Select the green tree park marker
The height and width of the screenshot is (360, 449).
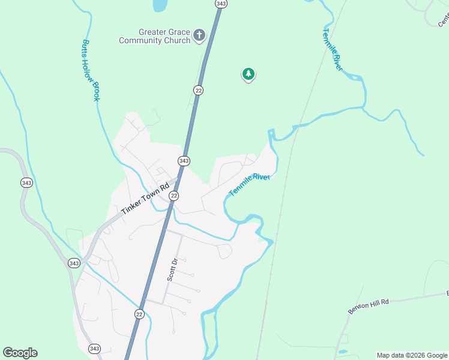tap(248, 74)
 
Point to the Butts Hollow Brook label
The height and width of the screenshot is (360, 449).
tap(91, 70)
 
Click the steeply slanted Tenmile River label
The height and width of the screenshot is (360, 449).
tap(332, 49)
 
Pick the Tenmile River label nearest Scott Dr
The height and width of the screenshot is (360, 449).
tap(250, 184)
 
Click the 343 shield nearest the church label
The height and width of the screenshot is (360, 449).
tap(221, 4)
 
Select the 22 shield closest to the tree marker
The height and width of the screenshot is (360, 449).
tap(199, 90)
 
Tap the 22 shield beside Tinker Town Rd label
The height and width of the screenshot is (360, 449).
tap(173, 196)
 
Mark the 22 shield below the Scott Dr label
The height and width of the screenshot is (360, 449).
tap(139, 314)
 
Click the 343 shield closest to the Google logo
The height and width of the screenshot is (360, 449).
tap(94, 349)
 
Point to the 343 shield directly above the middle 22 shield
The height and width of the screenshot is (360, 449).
tap(184, 161)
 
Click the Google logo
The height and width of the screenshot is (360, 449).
tap(20, 353)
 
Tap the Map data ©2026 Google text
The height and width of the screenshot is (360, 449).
tap(412, 355)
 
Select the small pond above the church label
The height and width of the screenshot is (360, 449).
tap(160, 5)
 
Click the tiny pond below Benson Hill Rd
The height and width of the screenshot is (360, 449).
tap(342, 352)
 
